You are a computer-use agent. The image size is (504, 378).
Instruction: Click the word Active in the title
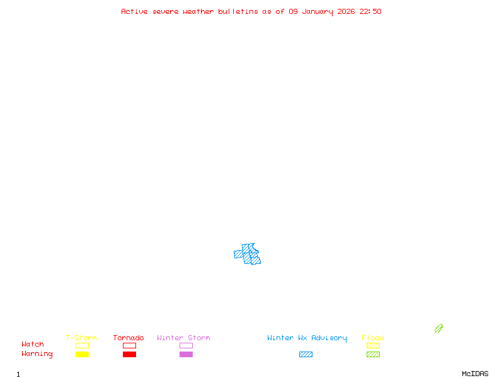pos(135,11)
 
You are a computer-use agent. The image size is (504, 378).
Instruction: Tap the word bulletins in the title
pos(238,11)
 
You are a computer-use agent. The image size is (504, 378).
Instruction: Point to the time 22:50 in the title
pos(370,11)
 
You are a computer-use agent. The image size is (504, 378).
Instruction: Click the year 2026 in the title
pos(346,11)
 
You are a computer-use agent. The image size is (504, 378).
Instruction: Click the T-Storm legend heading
pos(81,338)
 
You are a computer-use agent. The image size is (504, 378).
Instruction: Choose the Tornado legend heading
pos(129,338)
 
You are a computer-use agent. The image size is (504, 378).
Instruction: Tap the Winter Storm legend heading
pos(183,338)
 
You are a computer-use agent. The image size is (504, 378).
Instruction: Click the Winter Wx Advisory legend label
pos(307,338)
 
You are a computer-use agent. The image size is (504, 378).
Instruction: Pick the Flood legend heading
pos(373,338)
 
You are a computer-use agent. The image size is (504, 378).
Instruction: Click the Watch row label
pos(33,345)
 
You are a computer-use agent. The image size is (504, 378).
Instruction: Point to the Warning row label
pos(37,354)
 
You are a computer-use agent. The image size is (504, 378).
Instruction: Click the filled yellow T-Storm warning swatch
pos(82,355)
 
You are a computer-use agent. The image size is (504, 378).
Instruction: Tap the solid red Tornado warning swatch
pos(129,355)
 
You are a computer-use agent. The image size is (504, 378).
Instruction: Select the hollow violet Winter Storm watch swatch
pos(186,345)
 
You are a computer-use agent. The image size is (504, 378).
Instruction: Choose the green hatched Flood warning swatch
pos(373,355)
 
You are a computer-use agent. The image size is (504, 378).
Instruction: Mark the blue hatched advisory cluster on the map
pos(248,254)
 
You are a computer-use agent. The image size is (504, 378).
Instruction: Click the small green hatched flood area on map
pos(438,328)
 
